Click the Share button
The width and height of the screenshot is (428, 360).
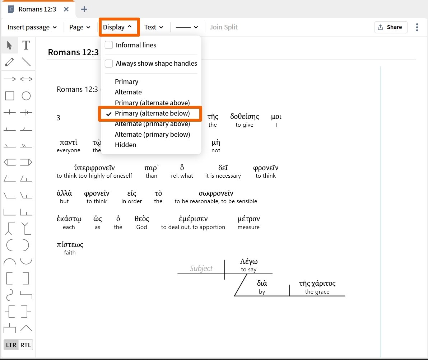click(391, 27)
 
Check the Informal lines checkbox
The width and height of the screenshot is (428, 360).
click(109, 45)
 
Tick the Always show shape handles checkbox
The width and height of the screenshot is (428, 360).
click(109, 63)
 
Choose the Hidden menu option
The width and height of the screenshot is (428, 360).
click(125, 145)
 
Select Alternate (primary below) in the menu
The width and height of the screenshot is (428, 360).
click(152, 135)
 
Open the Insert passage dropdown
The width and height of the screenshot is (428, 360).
click(32, 27)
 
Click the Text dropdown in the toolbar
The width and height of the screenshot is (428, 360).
click(154, 27)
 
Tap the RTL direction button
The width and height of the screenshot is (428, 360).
click(25, 345)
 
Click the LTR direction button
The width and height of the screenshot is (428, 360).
click(11, 345)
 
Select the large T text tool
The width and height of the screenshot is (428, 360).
click(26, 45)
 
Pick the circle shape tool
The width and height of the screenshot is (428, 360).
click(26, 96)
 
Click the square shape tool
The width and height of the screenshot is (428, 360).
click(10, 96)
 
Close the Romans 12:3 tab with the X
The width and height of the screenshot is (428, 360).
click(66, 9)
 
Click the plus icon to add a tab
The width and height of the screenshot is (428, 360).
click(84, 9)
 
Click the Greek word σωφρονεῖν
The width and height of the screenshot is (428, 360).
click(216, 193)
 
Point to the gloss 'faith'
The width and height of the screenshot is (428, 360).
click(70, 252)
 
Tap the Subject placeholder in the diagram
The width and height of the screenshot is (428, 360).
click(201, 268)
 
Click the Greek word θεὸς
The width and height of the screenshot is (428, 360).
click(142, 219)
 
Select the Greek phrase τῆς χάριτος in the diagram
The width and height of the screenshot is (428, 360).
click(317, 284)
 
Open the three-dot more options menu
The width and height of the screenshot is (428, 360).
click(417, 27)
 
